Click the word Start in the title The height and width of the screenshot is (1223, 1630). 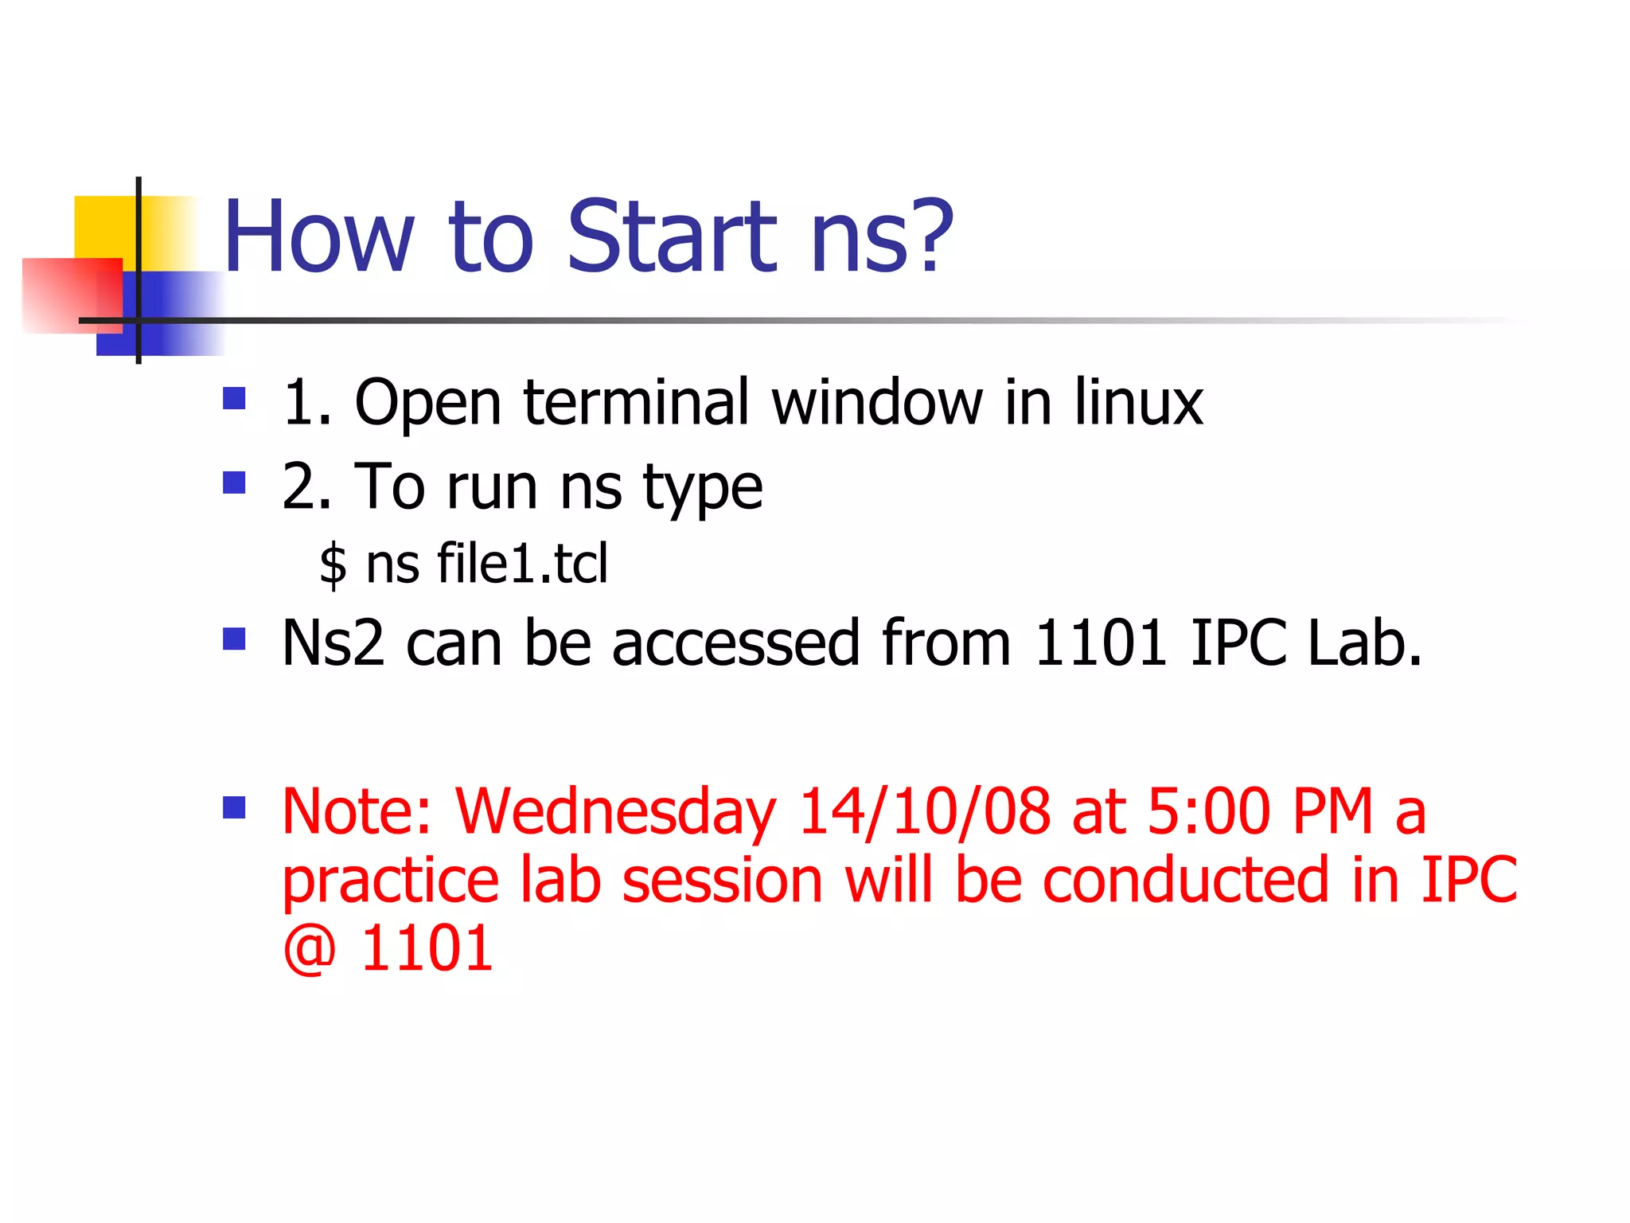671,236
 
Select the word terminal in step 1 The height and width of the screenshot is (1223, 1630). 636,402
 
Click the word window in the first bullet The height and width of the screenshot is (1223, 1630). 877,402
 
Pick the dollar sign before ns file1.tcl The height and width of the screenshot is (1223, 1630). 333,564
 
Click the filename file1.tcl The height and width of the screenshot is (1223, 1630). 522,563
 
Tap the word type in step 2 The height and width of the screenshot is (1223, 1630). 703,488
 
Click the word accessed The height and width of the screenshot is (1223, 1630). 735,643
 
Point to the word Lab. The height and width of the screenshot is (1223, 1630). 1364,643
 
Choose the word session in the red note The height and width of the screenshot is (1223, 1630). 722,880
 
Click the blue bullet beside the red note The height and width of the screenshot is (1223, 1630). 234,808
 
